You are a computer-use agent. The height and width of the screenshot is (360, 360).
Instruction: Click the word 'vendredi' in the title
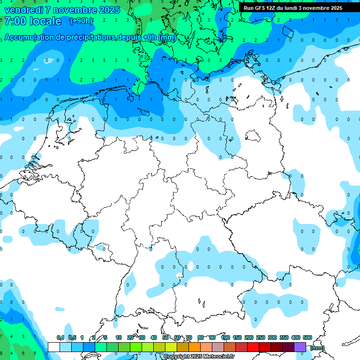[22, 10]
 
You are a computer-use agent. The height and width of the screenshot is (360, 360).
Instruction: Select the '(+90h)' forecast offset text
[81, 21]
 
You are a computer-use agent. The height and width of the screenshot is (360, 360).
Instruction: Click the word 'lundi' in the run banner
[294, 8]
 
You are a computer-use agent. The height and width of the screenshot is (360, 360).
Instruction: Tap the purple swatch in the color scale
[300, 347]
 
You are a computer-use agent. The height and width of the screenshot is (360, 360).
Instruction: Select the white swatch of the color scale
[54, 347]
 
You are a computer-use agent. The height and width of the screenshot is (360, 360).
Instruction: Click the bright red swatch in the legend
[254, 347]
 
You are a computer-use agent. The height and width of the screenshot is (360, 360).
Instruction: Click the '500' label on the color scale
[307, 337]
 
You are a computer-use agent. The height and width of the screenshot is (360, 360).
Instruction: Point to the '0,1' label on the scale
[60, 337]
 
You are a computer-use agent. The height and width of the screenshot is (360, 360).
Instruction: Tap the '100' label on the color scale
[225, 337]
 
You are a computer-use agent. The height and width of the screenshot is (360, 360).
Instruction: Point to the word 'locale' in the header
[45, 21]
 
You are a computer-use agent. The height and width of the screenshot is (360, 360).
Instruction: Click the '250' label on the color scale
[261, 337]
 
